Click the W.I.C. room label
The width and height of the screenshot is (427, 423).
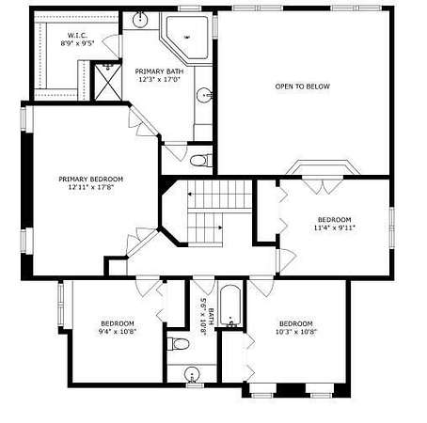(77, 35)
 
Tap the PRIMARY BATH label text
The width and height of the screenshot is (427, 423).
(159, 71)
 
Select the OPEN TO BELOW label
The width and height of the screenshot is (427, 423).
(302, 86)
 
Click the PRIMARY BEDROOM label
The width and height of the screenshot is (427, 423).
(90, 179)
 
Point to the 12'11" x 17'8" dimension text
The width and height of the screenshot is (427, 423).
(90, 187)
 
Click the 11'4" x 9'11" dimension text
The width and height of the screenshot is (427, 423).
(334, 227)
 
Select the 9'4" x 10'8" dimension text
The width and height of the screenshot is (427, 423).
(118, 332)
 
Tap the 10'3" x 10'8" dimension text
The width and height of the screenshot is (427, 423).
(296, 332)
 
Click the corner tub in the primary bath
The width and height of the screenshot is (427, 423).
(187, 38)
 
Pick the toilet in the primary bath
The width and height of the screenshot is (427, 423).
(200, 161)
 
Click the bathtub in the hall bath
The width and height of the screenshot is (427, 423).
(230, 305)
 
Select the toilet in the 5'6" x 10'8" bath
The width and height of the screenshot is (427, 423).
(179, 344)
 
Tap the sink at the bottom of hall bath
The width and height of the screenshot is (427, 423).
(192, 374)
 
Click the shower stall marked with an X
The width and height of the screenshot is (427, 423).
(108, 82)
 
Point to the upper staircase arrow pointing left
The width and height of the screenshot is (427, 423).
(219, 194)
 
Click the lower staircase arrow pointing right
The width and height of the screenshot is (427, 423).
(205, 227)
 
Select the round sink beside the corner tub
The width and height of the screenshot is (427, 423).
(139, 20)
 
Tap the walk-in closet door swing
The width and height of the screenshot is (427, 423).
(111, 46)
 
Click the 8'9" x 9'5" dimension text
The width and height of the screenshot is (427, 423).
(77, 43)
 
